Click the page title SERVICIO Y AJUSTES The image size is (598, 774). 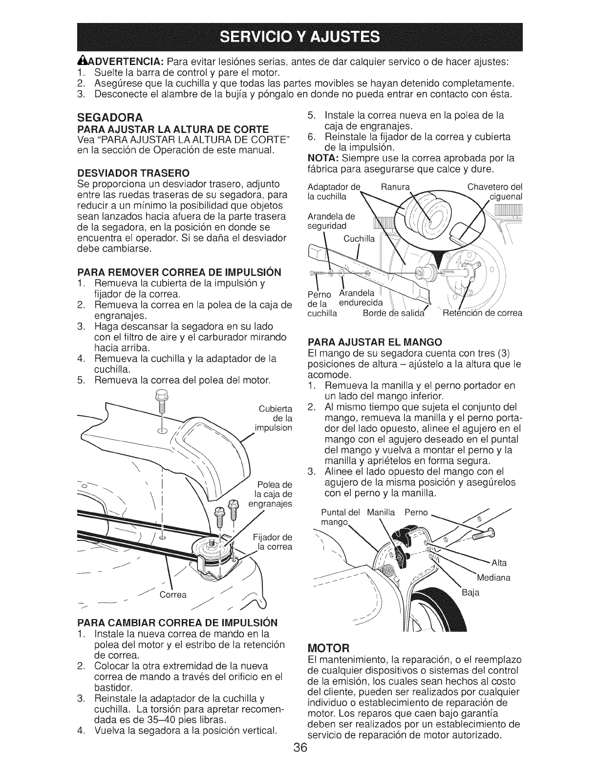pos(299,36)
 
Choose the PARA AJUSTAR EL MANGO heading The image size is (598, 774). pos(375,341)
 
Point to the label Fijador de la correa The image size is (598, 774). pos(274,542)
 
